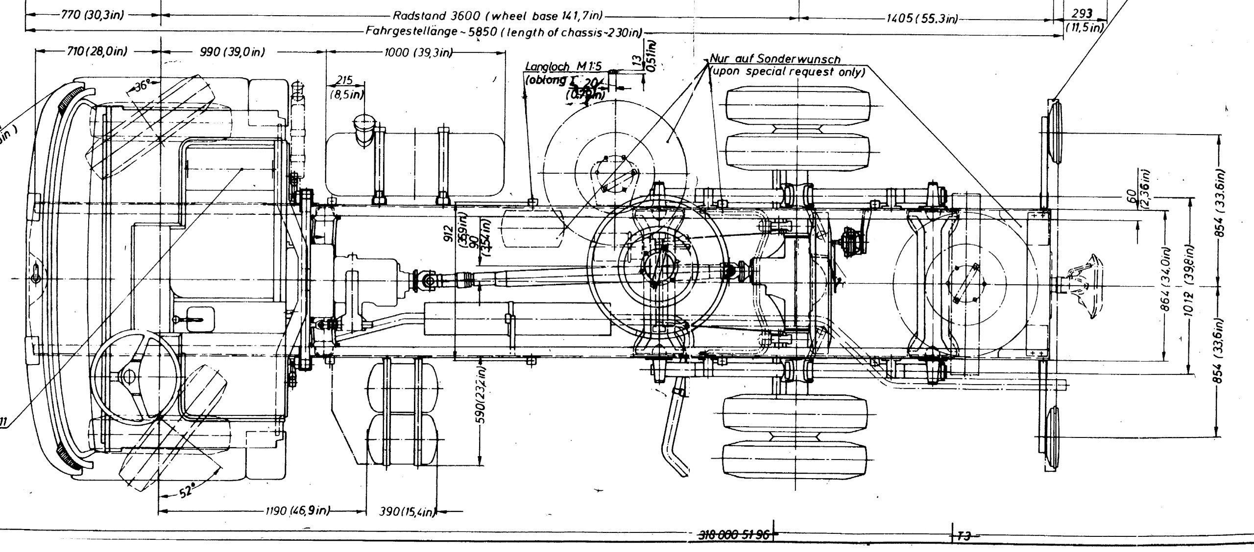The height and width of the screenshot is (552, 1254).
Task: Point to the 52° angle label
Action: pos(185,491)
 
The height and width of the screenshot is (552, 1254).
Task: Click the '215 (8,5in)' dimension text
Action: pos(345,87)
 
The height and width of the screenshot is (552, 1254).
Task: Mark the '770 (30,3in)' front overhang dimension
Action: pos(92,15)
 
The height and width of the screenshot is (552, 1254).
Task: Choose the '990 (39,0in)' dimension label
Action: pos(233,52)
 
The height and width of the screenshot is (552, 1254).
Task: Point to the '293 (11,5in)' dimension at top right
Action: pos(1084,21)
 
